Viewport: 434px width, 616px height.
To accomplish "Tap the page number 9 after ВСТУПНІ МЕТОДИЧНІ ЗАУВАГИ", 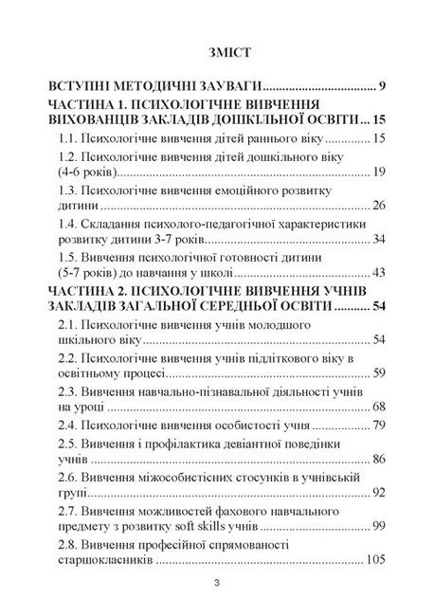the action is click(381, 86).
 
